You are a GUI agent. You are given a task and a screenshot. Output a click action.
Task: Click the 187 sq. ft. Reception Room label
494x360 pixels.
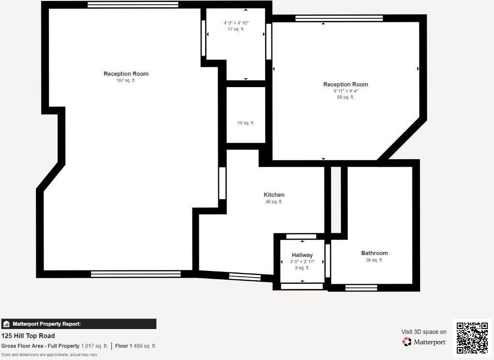126,74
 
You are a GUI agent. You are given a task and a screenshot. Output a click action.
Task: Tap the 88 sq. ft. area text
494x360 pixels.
345,97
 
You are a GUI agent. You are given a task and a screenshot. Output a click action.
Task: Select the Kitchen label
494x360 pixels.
274,195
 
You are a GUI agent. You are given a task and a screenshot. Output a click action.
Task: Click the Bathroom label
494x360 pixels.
374,253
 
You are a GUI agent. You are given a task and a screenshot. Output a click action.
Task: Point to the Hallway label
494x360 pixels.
302,255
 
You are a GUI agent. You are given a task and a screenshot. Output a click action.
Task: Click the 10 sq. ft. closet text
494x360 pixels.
246,123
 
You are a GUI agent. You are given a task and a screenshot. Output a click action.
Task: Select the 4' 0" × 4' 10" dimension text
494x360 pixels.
236,23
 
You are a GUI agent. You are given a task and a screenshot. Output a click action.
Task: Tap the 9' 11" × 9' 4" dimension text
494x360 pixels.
345,91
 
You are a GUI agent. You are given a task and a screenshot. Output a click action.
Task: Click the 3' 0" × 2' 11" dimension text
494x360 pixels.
302,262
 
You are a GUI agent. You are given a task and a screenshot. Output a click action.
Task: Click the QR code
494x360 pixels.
472,338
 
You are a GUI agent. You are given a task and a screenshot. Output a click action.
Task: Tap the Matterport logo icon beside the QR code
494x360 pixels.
407,342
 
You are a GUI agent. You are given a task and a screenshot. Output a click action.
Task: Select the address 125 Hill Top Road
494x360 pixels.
28,336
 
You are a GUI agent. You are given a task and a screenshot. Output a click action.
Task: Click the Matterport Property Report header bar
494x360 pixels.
78,324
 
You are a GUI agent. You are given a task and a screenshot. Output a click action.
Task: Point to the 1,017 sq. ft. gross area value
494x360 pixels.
94,346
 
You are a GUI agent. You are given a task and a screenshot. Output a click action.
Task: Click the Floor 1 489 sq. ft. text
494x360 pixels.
135,346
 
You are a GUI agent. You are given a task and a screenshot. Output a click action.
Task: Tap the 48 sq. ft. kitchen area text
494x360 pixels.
274,202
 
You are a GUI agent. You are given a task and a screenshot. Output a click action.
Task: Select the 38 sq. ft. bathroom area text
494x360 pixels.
374,260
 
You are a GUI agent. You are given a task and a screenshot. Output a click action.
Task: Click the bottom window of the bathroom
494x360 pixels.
361,288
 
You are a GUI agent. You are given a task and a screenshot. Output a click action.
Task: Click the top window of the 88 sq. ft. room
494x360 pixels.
339,18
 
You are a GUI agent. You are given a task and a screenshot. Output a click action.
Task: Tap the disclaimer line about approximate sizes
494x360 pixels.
49,355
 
